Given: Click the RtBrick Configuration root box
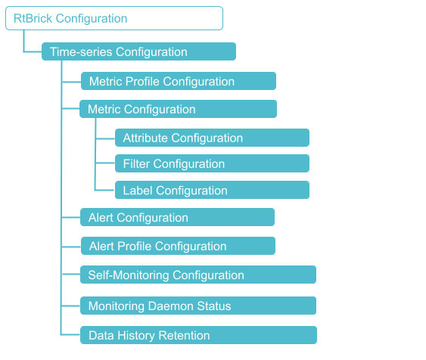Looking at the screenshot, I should click(114, 18).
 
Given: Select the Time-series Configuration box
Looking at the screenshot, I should click(138, 52).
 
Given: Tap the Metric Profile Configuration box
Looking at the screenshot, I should click(179, 81).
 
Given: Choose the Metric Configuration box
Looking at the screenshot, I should click(178, 110).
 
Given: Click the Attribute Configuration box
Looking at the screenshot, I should click(212, 138).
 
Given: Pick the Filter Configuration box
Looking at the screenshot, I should click(212, 163).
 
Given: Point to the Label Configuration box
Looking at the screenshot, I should click(212, 190).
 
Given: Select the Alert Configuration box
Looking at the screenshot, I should click(177, 218).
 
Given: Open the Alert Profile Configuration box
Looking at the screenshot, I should click(178, 246).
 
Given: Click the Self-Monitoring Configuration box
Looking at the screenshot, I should click(197, 275).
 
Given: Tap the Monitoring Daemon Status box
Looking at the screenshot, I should click(197, 306).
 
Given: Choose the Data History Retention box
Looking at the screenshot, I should click(197, 335).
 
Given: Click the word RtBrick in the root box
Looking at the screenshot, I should click(31, 18).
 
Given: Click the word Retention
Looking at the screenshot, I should click(185, 335).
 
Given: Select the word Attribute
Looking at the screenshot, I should click(145, 138).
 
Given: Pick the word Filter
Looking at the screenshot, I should click(136, 163).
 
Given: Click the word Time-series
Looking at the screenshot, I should click(81, 52).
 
